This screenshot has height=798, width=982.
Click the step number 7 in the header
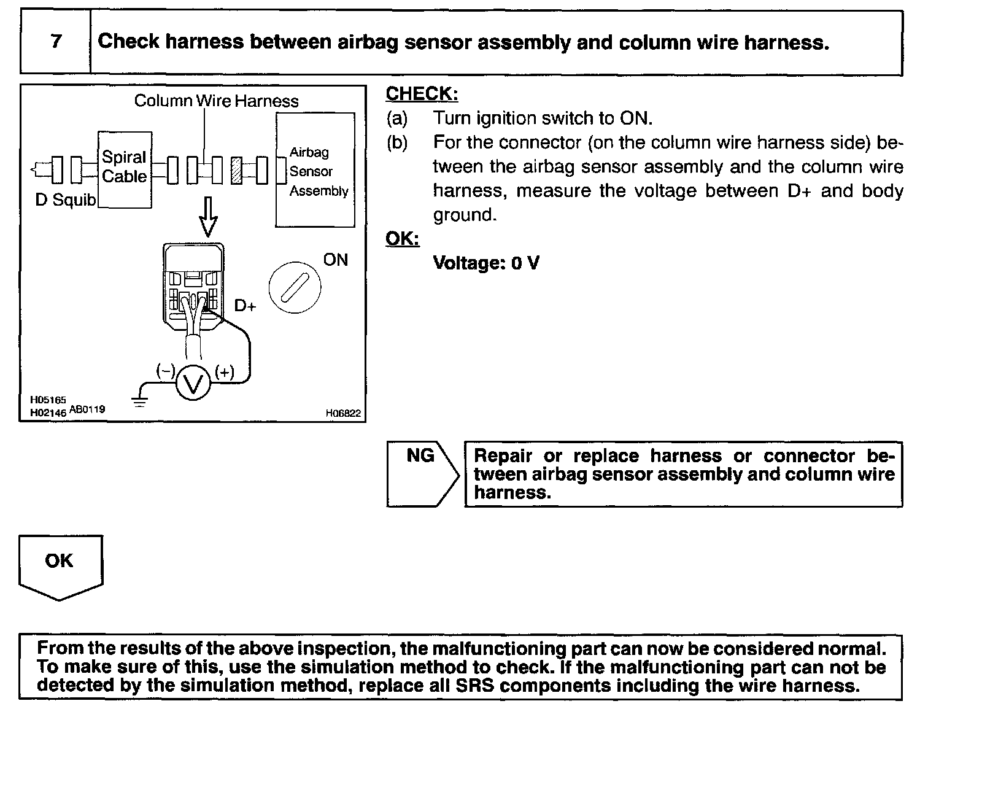(x=56, y=42)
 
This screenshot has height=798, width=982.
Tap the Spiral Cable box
(x=125, y=169)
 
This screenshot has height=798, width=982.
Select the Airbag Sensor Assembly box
(x=315, y=170)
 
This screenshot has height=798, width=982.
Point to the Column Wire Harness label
(x=216, y=101)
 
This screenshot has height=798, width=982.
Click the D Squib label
(x=65, y=200)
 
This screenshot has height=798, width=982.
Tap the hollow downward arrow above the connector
(x=208, y=217)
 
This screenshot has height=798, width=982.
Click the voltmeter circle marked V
(x=193, y=384)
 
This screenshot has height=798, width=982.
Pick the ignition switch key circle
(x=295, y=287)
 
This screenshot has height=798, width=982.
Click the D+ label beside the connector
(x=245, y=306)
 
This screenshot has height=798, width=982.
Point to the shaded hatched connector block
(x=236, y=170)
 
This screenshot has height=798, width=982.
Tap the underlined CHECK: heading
(x=422, y=94)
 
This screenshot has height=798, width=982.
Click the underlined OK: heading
(x=402, y=238)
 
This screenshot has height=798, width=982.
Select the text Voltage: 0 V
(x=486, y=263)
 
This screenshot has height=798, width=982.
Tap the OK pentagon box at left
(x=60, y=565)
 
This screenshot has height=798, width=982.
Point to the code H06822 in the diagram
(x=343, y=414)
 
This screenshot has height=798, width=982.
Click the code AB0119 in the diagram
(x=87, y=409)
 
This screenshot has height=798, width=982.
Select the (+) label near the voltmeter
(x=225, y=373)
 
